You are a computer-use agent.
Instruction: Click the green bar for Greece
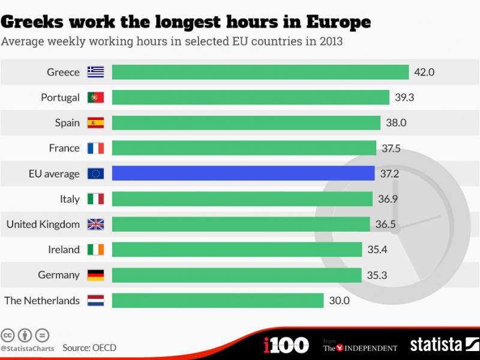[260, 72]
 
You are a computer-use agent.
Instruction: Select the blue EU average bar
[243, 173]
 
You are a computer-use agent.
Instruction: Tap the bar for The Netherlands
[218, 300]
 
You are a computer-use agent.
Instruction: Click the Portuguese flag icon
[96, 97]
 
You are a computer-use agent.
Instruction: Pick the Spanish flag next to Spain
[96, 123]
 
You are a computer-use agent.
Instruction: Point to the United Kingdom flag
[96, 224]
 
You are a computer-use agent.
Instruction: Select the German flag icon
[96, 275]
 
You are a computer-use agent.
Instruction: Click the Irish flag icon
[96, 250]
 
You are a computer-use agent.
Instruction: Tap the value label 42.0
[424, 72]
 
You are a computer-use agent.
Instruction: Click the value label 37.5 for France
[391, 148]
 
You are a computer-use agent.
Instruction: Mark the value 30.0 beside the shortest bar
[338, 300]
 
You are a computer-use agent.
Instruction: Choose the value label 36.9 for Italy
[387, 199]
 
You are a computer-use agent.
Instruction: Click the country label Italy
[70, 199]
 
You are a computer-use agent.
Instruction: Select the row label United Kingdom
[43, 224]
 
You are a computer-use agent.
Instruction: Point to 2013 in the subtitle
[329, 43]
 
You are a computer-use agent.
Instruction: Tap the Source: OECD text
[89, 347]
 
